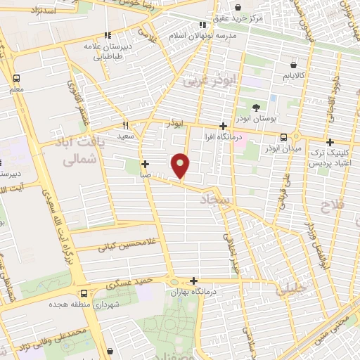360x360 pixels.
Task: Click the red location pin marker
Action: (181, 165)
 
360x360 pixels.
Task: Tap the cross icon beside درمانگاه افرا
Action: (224, 125)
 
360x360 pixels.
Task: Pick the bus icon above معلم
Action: (16, 78)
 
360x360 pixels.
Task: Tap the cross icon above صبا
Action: (145, 165)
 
